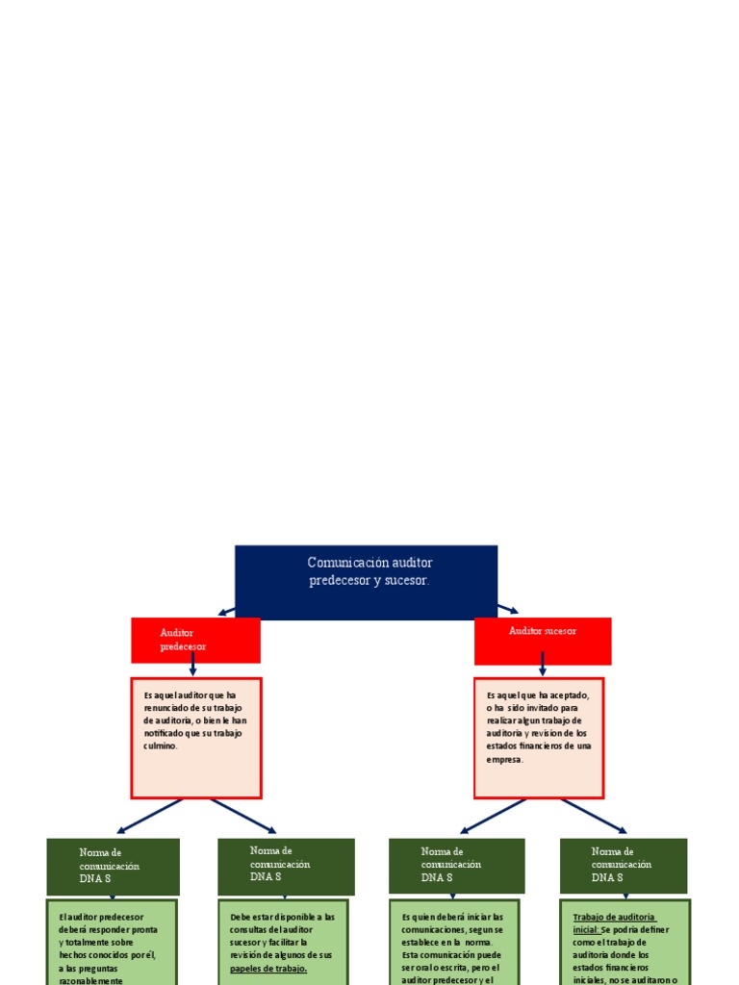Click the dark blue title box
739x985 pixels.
coord(366,582)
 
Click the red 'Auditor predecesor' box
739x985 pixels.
coord(195,640)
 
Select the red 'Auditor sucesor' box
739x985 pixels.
coord(543,641)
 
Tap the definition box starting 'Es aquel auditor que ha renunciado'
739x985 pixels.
coord(196,738)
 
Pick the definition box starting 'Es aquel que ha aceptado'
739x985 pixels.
coord(539,738)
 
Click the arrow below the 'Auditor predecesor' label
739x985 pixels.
coord(192,665)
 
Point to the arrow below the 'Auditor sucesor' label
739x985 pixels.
coord(543,663)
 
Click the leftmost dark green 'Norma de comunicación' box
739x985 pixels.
coord(113,866)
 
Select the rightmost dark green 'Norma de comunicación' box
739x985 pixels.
coord(624,866)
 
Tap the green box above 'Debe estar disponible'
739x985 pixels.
coord(285,866)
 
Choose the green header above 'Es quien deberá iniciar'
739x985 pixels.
coord(456,866)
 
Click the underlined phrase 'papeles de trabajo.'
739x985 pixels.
coord(268,969)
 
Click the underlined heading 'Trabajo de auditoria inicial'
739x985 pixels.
coord(613,922)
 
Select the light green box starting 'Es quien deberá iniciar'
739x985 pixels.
coord(454,943)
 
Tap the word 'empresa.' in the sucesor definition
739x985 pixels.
coord(505,760)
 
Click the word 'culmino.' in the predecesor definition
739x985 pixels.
coord(161,746)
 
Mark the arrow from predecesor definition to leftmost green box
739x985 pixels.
coord(149,816)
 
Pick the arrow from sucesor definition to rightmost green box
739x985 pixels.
coord(593,816)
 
